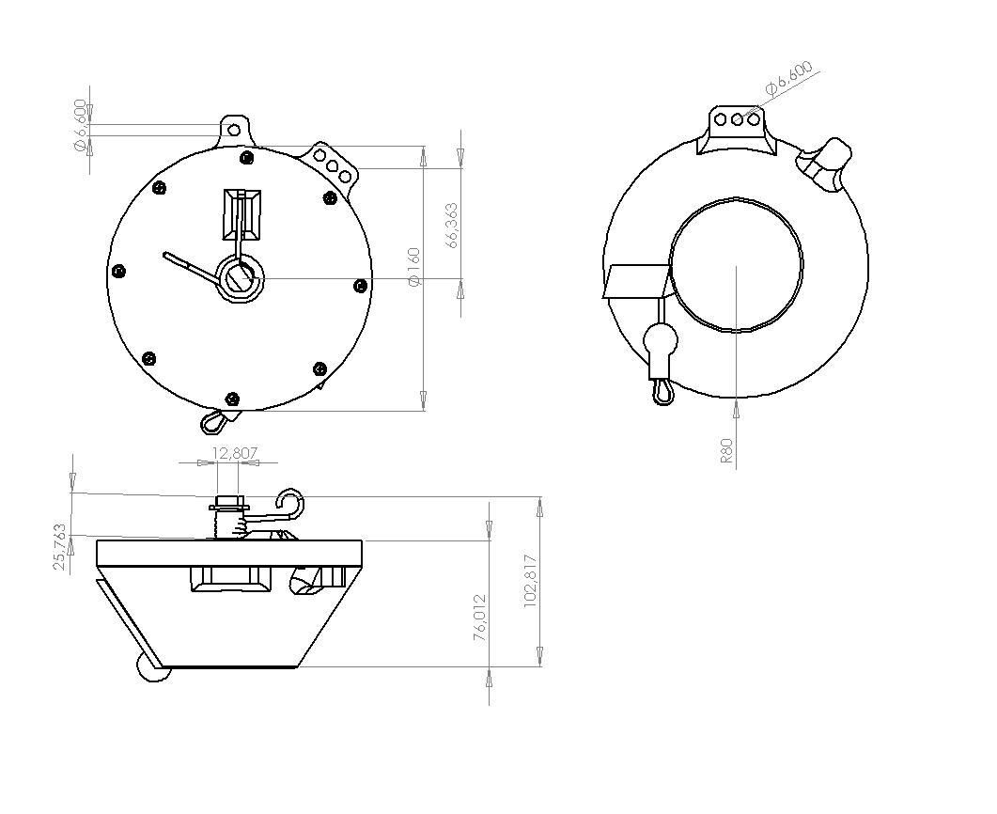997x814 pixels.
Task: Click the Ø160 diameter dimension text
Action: (414, 266)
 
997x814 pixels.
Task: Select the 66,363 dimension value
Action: (452, 226)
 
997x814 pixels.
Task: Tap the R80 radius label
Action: (726, 450)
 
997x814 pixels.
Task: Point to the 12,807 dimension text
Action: (235, 453)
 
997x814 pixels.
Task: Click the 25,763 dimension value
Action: (60, 546)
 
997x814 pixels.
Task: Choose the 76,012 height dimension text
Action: (481, 617)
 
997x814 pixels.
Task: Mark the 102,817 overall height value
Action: (531, 581)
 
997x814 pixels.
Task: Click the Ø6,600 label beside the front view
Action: (80, 125)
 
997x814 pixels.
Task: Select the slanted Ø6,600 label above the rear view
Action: (788, 78)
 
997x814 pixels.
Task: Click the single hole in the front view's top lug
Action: (234, 131)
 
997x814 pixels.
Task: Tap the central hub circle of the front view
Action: (241, 278)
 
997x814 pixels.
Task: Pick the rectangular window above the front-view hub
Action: (241, 214)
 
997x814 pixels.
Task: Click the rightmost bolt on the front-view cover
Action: (360, 286)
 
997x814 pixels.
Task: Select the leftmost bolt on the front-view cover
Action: (118, 272)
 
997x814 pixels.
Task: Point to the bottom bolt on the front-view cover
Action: (233, 399)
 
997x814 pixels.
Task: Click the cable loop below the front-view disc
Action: (213, 421)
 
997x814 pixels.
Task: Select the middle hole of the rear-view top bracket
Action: (737, 119)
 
